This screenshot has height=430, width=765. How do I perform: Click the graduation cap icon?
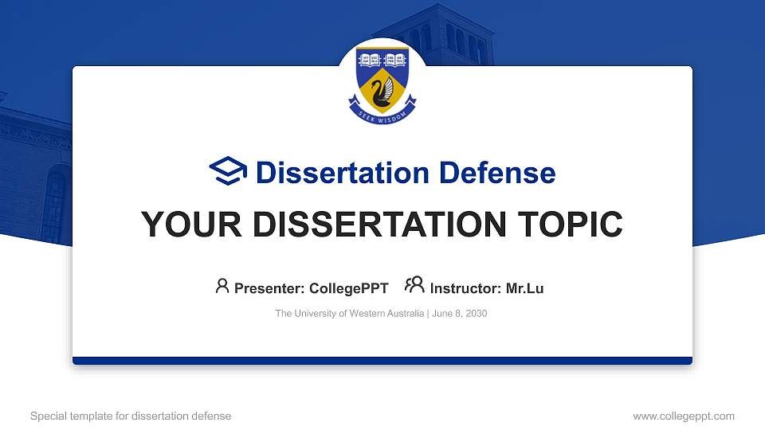(x=229, y=172)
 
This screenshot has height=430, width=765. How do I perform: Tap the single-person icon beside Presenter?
(x=222, y=287)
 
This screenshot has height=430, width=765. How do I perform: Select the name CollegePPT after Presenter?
(x=348, y=288)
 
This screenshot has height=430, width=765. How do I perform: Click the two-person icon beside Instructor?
(x=414, y=286)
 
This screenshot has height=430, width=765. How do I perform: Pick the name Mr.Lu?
(x=524, y=288)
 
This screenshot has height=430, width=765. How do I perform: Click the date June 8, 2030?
(x=460, y=314)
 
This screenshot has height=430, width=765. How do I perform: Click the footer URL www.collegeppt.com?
(x=683, y=416)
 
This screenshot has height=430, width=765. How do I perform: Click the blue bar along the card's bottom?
(x=382, y=361)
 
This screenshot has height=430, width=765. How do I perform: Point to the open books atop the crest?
(x=382, y=60)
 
